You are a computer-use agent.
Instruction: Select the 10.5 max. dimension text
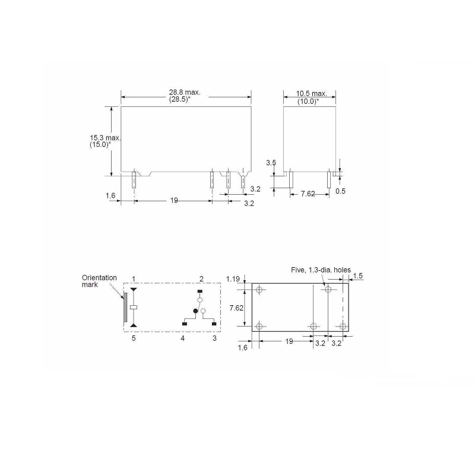(x=312, y=94)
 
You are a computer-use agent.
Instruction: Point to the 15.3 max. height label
(x=105, y=138)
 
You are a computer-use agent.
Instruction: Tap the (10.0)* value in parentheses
(x=308, y=102)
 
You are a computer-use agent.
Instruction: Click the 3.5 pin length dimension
(x=271, y=162)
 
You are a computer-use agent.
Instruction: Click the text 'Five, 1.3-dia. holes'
(x=321, y=270)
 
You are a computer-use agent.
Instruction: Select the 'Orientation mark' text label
(x=99, y=281)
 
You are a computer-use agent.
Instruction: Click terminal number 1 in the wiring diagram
(x=134, y=278)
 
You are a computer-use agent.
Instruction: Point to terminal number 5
(x=134, y=338)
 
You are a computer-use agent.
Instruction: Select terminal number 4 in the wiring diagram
(x=183, y=338)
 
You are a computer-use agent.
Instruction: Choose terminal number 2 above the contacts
(x=201, y=278)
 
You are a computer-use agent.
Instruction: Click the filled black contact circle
(x=194, y=311)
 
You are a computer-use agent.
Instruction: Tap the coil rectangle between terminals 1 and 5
(x=134, y=307)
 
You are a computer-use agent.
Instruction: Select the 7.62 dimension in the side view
(x=308, y=194)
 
